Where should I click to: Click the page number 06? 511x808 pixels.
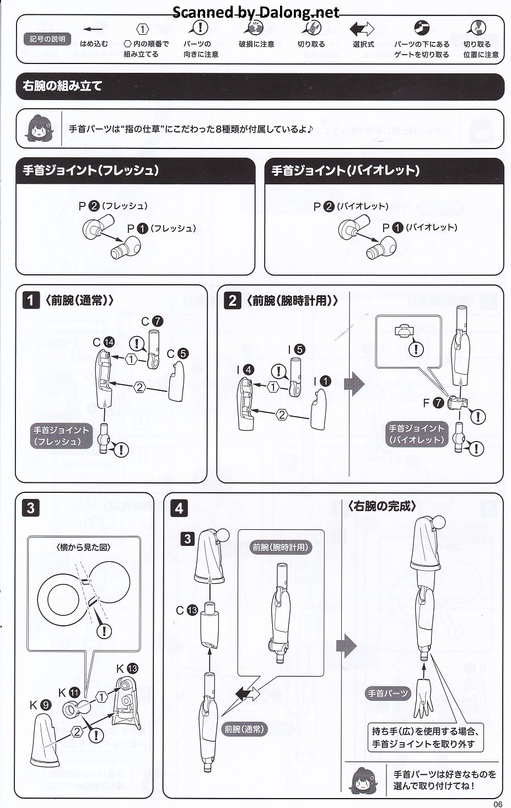click(498, 804)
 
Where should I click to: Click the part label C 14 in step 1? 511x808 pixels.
click(104, 342)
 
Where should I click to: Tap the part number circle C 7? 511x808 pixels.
click(157, 321)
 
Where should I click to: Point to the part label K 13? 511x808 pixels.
click(127, 669)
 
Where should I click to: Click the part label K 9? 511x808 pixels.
click(40, 705)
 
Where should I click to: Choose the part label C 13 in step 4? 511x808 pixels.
click(187, 610)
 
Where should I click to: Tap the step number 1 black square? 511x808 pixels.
click(31, 300)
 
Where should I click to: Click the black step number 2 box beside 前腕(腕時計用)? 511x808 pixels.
click(233, 300)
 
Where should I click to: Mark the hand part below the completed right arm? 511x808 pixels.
click(424, 698)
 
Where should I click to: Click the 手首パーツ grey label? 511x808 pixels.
click(388, 693)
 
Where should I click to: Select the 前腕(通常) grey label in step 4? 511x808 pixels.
click(244, 729)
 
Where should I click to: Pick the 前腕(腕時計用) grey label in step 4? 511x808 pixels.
click(281, 547)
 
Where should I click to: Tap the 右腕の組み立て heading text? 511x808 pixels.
click(62, 86)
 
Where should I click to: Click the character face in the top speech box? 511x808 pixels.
click(39, 128)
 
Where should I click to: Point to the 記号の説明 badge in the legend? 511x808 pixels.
click(47, 39)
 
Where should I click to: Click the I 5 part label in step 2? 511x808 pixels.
click(296, 349)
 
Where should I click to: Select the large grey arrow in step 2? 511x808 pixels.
click(354, 384)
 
